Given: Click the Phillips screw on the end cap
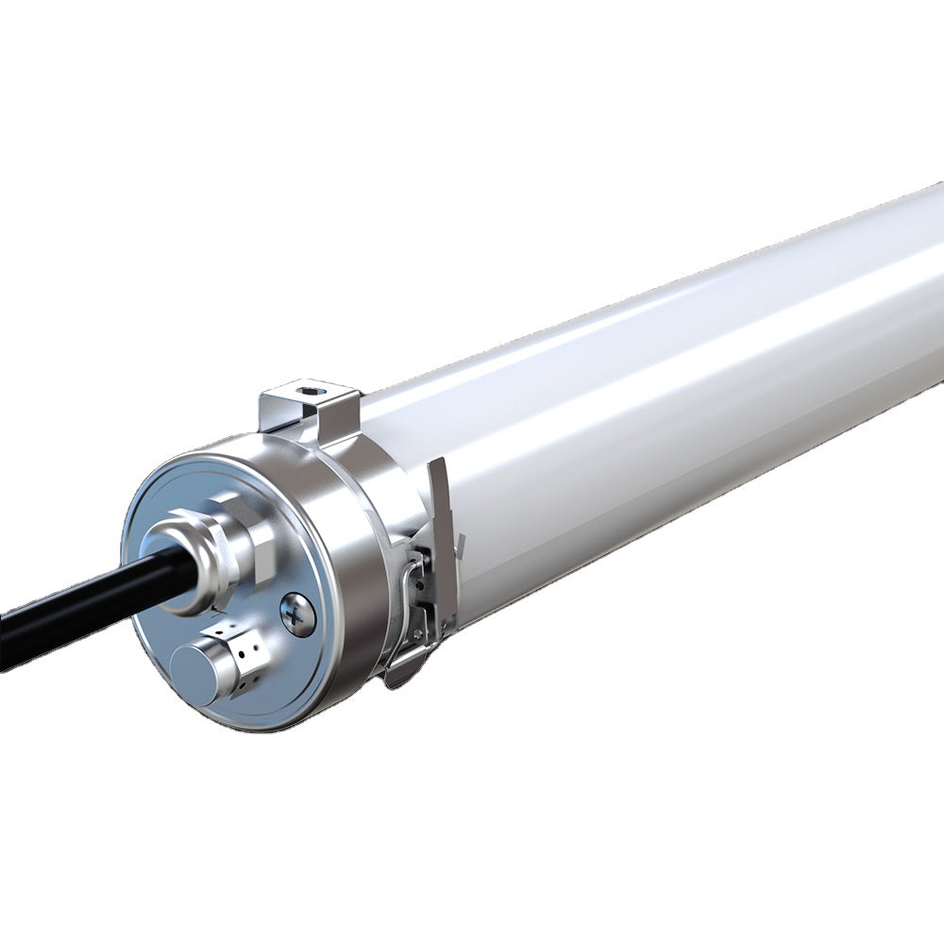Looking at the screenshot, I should pyautogui.click(x=298, y=615).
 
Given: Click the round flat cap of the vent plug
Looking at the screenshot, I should pyautogui.click(x=194, y=671).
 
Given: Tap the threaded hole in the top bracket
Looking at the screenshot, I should pyautogui.click(x=306, y=387).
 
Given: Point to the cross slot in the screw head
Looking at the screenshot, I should pyautogui.click(x=298, y=615).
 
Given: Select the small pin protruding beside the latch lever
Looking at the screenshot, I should pyautogui.click(x=460, y=543).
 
